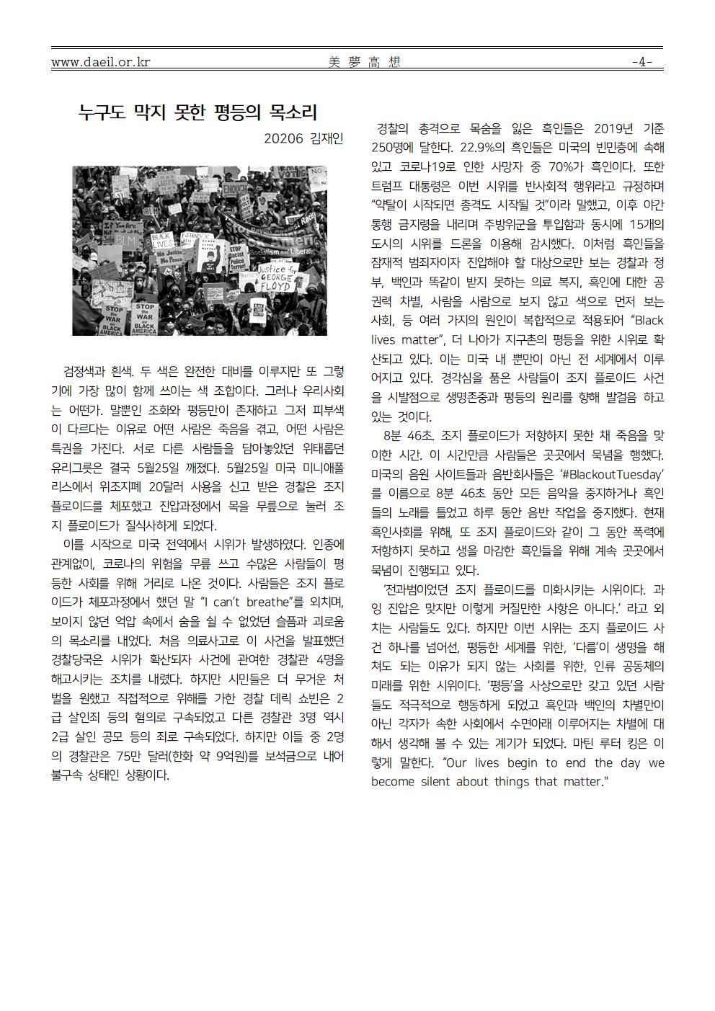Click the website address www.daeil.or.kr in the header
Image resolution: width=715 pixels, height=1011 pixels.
[100, 62]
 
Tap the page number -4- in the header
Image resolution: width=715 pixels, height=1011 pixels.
[642, 62]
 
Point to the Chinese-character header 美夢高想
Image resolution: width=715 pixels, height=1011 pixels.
[363, 62]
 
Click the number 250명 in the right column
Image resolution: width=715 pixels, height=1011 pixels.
[391, 148]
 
